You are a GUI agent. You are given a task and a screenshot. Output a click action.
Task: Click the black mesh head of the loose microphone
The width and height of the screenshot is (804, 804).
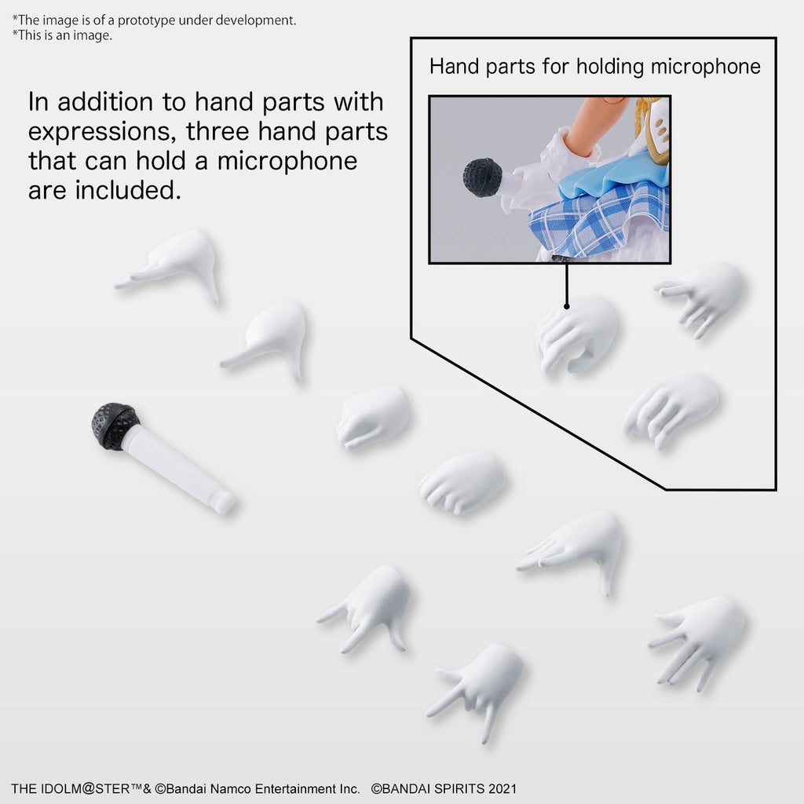(115, 426)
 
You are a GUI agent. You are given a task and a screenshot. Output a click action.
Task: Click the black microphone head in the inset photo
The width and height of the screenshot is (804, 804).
(483, 177)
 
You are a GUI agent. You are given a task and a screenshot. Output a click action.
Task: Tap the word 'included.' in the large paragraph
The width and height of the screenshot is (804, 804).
(128, 190)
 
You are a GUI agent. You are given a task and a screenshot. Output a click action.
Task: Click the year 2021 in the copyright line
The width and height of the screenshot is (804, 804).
(502, 788)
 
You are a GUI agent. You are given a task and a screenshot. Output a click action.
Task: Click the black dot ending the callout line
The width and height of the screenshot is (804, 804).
(567, 306)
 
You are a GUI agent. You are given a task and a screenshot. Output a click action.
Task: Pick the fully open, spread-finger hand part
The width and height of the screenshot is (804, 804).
(697, 642)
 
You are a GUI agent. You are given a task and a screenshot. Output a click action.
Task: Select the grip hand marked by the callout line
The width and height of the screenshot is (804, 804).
(577, 333)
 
